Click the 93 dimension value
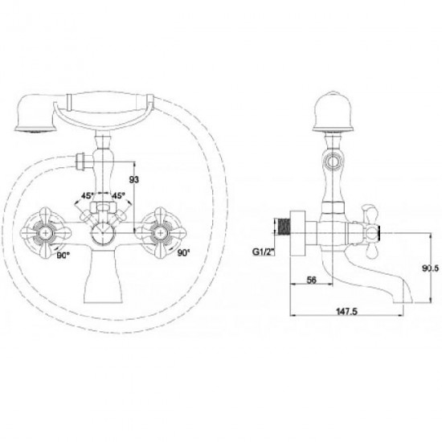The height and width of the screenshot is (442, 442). (x=134, y=179)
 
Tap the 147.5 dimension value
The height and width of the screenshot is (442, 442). (x=346, y=311)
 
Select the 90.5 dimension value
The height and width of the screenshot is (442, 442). (x=431, y=268)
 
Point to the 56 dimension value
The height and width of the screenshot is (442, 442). (x=311, y=280)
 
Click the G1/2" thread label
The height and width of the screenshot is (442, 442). (x=264, y=252)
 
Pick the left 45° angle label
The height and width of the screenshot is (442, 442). (x=88, y=195)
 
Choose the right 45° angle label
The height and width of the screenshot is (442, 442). (x=118, y=195)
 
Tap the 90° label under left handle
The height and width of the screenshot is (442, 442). (x=63, y=256)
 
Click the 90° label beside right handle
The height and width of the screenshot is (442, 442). (x=183, y=253)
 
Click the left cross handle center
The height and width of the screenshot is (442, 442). (x=45, y=232)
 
